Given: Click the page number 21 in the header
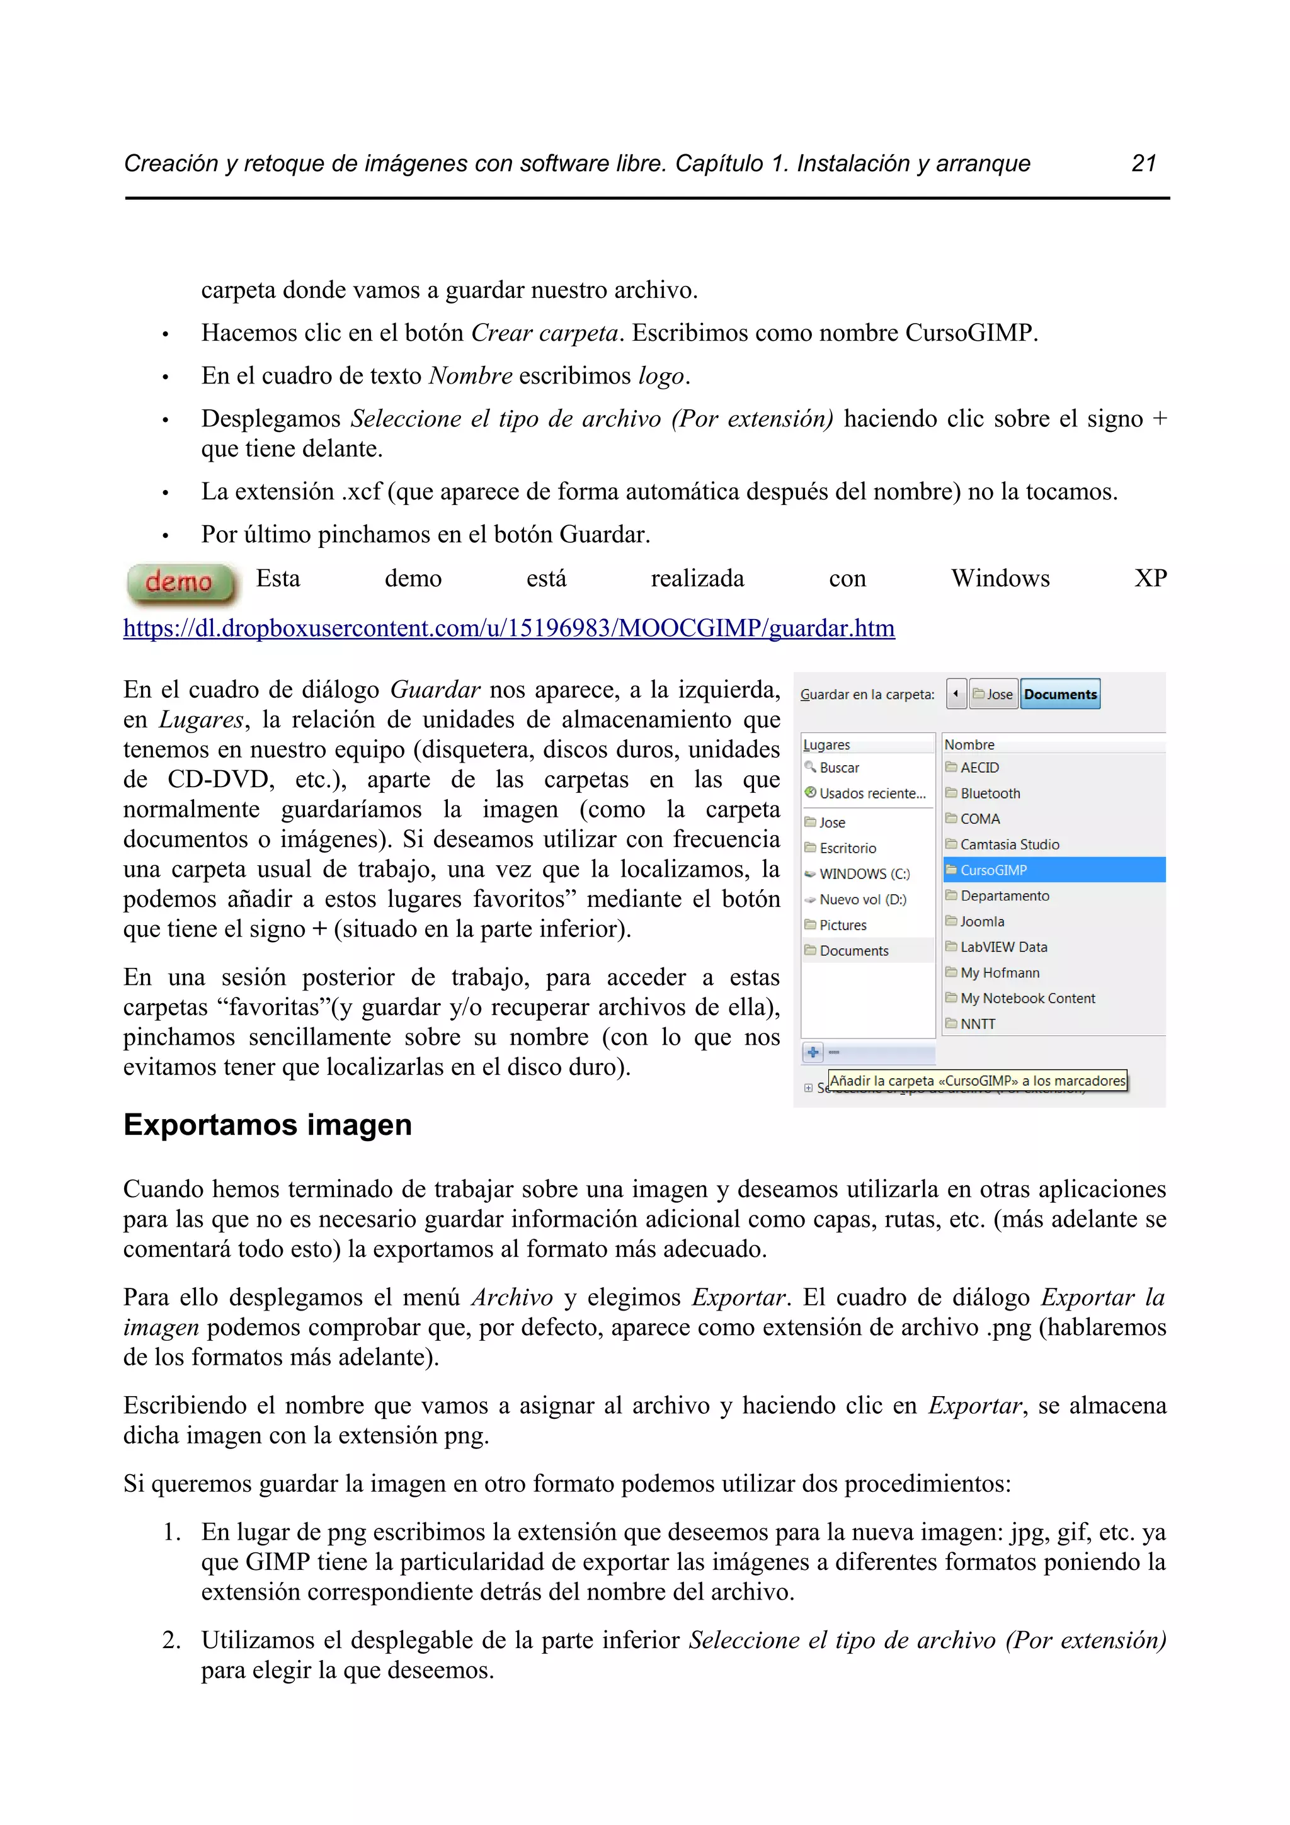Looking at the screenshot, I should pos(1143,163).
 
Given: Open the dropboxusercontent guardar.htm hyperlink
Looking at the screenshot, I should pos(509,628).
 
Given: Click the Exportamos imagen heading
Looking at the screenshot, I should pos(267,1125).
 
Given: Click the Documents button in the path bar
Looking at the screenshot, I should pos(1059,694).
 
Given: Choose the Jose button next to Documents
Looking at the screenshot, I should pos(993,694).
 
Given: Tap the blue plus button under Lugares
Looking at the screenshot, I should pos(813,1052).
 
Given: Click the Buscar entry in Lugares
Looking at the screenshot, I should pos(838,768).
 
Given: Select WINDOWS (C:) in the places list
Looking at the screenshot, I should pos(864,873).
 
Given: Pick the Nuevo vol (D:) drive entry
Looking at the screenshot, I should pos(862,899).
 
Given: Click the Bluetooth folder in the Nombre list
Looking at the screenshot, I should pos(990,793).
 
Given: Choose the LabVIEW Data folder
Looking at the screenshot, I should pos(1003,947).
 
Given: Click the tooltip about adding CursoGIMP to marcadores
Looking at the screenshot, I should pos(977,1080).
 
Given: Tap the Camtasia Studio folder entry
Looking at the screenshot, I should pos(1010,844).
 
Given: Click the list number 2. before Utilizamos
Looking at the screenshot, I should pos(171,1640).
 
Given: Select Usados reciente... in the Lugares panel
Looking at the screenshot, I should pos(872,793).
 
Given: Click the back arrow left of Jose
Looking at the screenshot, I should pos(956,694).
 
